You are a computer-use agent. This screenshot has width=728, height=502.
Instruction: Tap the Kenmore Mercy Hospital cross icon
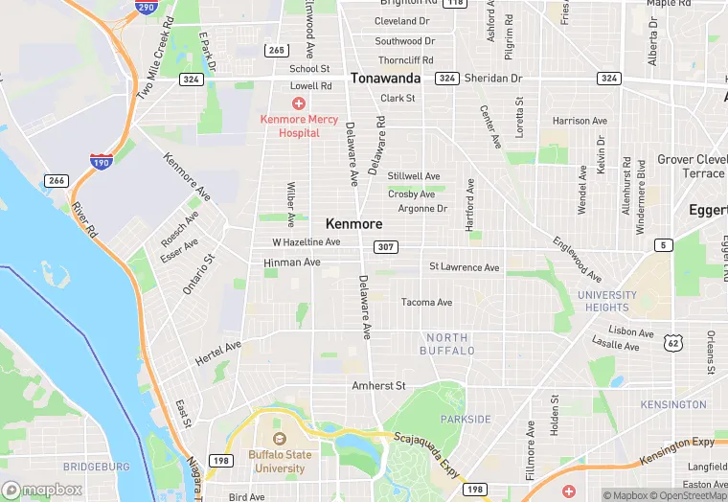click(x=299, y=103)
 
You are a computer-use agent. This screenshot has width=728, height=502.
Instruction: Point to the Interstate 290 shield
click(x=145, y=7)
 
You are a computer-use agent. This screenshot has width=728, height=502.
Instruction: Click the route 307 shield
click(x=385, y=248)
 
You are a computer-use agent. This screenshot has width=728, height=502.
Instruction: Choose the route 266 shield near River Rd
click(x=56, y=180)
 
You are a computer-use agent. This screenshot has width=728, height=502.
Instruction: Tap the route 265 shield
click(x=277, y=50)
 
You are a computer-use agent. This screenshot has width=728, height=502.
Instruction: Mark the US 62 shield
click(x=674, y=341)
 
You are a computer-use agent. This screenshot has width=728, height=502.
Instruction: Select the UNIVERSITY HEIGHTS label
click(x=607, y=301)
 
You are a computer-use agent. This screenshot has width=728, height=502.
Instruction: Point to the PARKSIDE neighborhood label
click(x=466, y=420)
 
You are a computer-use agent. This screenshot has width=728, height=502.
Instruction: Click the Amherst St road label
click(x=379, y=385)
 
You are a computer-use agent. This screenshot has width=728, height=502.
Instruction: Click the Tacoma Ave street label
click(x=426, y=303)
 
